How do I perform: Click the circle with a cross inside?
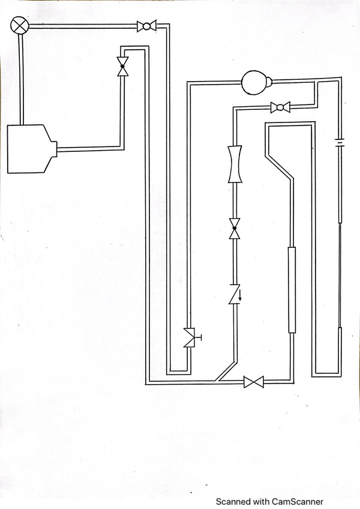[x=20, y=25]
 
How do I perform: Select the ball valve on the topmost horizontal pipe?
[x=146, y=26]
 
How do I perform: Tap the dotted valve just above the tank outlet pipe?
[x=123, y=65]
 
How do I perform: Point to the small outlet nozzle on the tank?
[x=53, y=149]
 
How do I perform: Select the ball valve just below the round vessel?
[x=280, y=107]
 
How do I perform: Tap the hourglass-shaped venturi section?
[x=235, y=164]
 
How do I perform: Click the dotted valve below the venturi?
[x=235, y=228]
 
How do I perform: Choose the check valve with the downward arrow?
[x=235, y=294]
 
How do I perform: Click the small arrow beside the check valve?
[x=240, y=295]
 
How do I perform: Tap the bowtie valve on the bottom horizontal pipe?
[x=253, y=382]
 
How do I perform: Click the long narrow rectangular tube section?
[x=292, y=289]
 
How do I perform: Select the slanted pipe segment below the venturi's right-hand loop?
[x=279, y=166]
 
